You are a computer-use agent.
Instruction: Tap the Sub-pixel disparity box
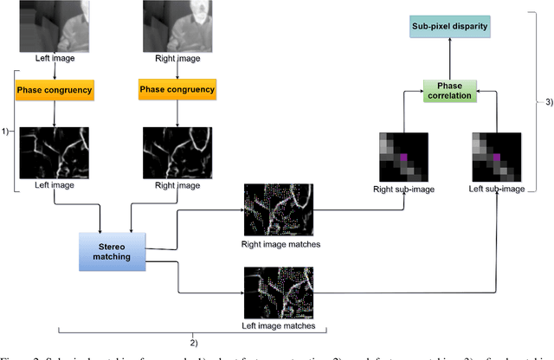pyautogui.click(x=450, y=27)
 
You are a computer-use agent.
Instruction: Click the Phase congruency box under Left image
pyautogui.click(x=54, y=89)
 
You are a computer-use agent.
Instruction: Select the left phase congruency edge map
pyautogui.click(x=54, y=152)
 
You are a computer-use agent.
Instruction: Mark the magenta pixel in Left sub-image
pyautogui.click(x=496, y=157)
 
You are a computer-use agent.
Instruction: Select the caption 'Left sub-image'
pyautogui.click(x=495, y=189)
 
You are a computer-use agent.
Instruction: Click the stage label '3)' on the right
pyautogui.click(x=547, y=102)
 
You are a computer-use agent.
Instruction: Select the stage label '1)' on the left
pyautogui.click(x=6, y=132)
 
